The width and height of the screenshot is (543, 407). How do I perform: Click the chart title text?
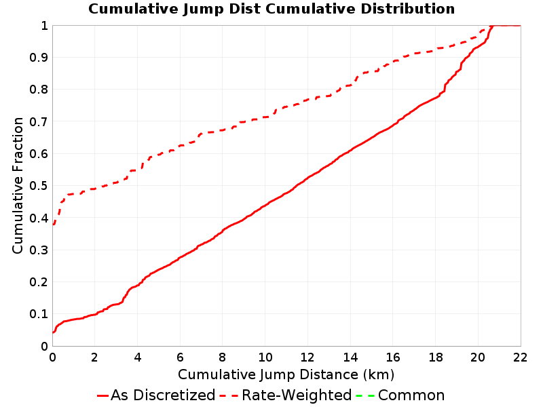tap(271, 9)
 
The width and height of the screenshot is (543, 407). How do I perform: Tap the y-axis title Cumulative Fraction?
tap(18, 185)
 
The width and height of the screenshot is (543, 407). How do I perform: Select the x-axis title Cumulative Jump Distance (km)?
tap(286, 374)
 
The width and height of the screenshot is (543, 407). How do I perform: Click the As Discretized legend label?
tap(163, 395)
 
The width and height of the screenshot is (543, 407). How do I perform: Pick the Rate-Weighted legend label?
tap(297, 395)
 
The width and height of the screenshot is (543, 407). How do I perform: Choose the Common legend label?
tap(411, 395)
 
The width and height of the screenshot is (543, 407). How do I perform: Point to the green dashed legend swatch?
tap(364, 395)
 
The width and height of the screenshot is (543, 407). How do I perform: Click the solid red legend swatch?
tap(103, 395)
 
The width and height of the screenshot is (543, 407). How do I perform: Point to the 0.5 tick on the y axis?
tap(39, 186)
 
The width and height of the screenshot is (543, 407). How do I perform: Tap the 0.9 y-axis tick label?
tap(39, 58)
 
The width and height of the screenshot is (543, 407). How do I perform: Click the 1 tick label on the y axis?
tap(44, 26)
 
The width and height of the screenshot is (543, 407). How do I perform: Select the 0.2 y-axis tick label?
tap(39, 282)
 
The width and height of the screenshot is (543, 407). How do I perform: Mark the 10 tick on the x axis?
tap(265, 357)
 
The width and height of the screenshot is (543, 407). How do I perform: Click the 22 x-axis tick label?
tap(520, 357)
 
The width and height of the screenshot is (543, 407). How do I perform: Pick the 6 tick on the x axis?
tap(180, 357)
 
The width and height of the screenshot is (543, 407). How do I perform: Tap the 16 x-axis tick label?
tap(393, 357)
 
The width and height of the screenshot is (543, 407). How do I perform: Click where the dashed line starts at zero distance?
tap(53, 225)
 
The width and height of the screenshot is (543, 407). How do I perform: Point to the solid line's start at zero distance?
tap(53, 332)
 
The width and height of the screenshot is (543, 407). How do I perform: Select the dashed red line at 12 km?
tap(307, 100)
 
